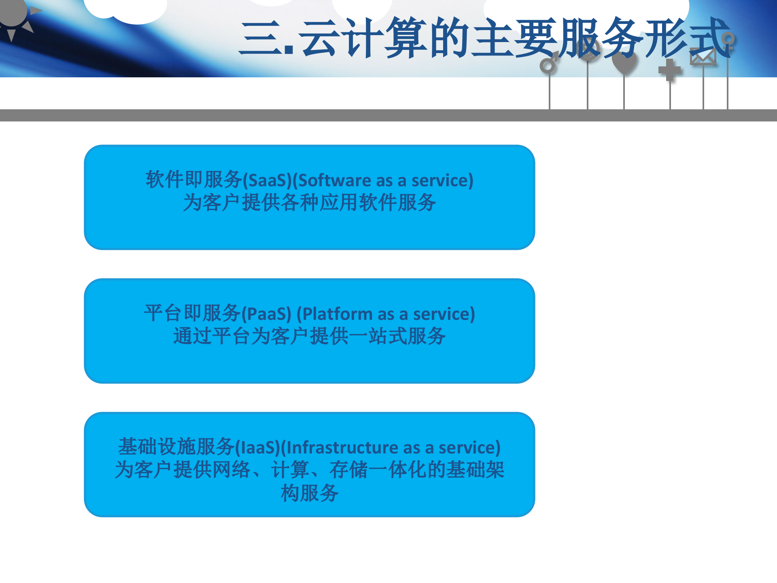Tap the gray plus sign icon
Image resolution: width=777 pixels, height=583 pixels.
[670, 70]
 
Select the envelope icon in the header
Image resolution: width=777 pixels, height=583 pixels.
[703, 57]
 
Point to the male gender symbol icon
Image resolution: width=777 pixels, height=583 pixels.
[549, 64]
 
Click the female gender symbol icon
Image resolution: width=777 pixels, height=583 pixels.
[728, 41]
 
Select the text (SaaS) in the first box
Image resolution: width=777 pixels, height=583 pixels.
[267, 181]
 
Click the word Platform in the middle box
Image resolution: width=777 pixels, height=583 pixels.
[338, 314]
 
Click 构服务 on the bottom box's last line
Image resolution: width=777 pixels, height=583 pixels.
[310, 493]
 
